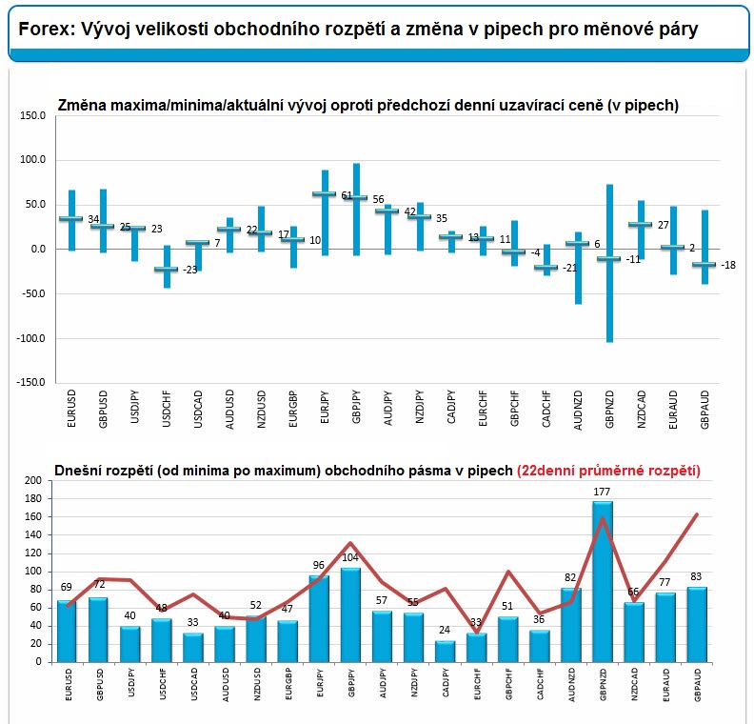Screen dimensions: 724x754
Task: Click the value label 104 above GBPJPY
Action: (x=351, y=557)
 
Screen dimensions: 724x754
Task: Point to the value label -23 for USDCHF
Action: (x=191, y=271)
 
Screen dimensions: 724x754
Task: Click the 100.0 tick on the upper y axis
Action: (x=32, y=160)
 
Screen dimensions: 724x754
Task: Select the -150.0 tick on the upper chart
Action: (x=30, y=382)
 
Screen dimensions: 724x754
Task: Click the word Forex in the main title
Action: (x=42, y=30)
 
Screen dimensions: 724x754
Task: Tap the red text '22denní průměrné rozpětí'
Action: (x=608, y=471)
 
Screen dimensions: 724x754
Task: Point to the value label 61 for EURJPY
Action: (x=347, y=196)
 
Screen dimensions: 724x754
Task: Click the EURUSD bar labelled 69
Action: (x=66, y=631)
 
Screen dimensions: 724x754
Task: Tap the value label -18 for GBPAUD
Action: (x=728, y=265)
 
